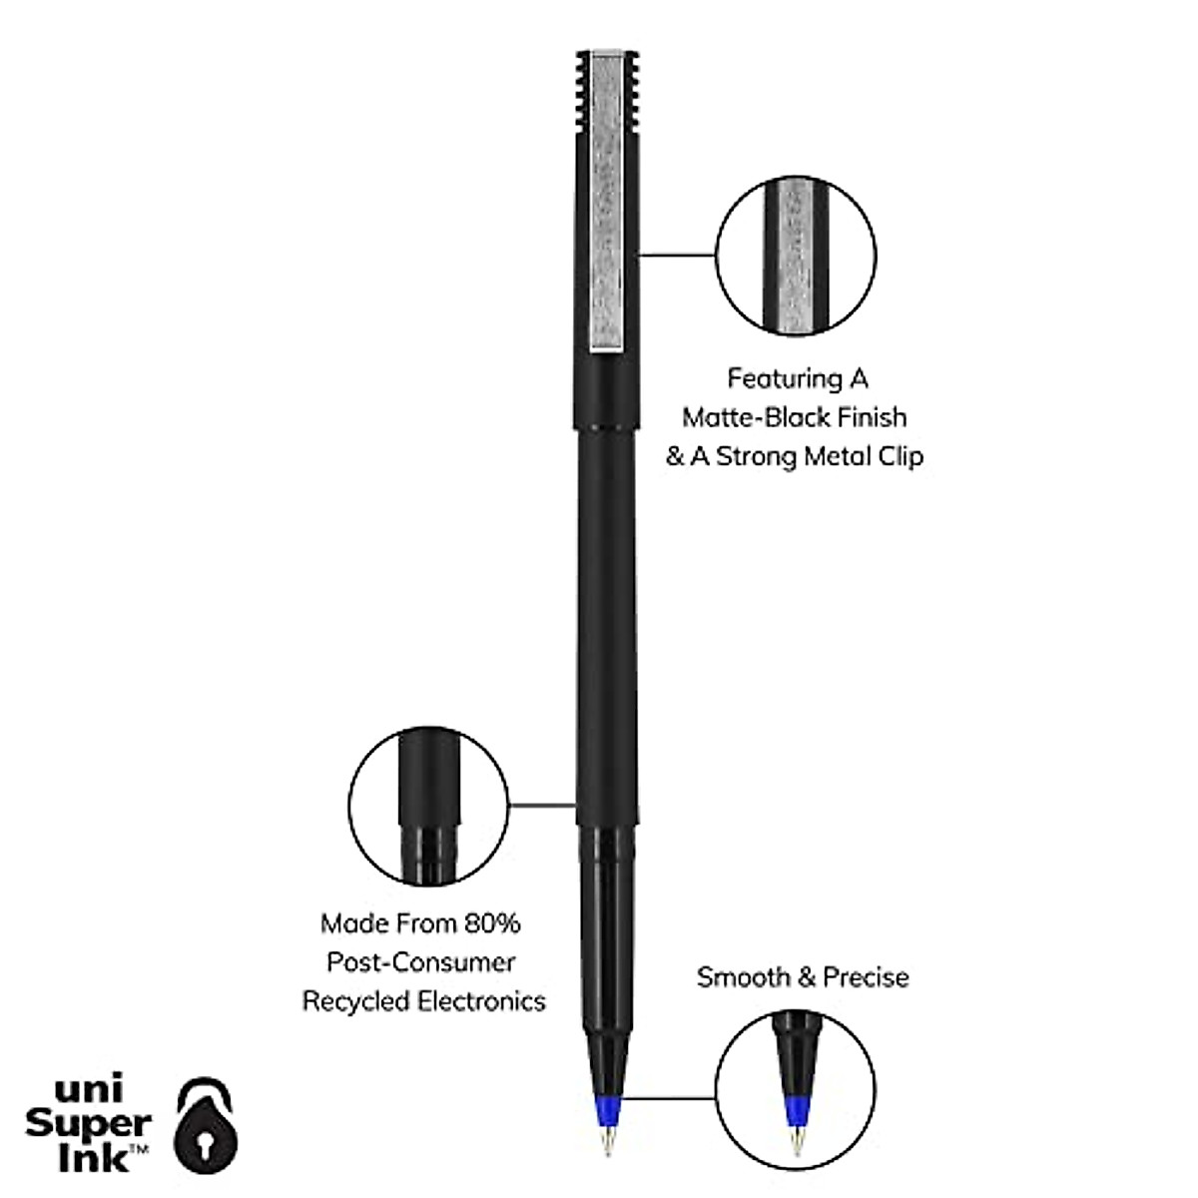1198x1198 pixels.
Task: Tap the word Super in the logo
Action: [x=88, y=1123]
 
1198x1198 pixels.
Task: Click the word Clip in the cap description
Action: [x=898, y=456]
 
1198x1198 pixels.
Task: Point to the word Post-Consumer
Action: [x=421, y=962]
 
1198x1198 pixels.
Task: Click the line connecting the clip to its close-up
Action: [x=677, y=256]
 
